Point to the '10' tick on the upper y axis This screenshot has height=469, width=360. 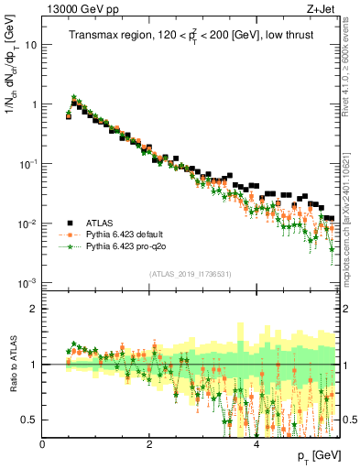[31, 44]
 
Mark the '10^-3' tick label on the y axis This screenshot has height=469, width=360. [28, 283]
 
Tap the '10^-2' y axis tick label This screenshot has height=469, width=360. [28, 224]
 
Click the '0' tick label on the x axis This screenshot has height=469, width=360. [42, 444]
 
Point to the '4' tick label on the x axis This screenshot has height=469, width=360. [256, 444]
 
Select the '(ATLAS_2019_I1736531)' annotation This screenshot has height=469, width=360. [191, 274]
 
